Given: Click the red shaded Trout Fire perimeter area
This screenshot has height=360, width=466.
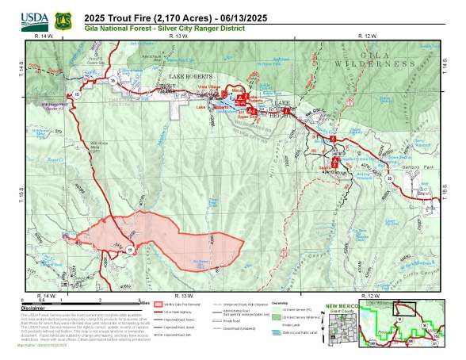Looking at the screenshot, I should point(151,238).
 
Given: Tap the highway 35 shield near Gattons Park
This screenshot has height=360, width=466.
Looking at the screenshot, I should point(389,179).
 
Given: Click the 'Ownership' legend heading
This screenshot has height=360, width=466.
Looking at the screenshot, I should point(280,302).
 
